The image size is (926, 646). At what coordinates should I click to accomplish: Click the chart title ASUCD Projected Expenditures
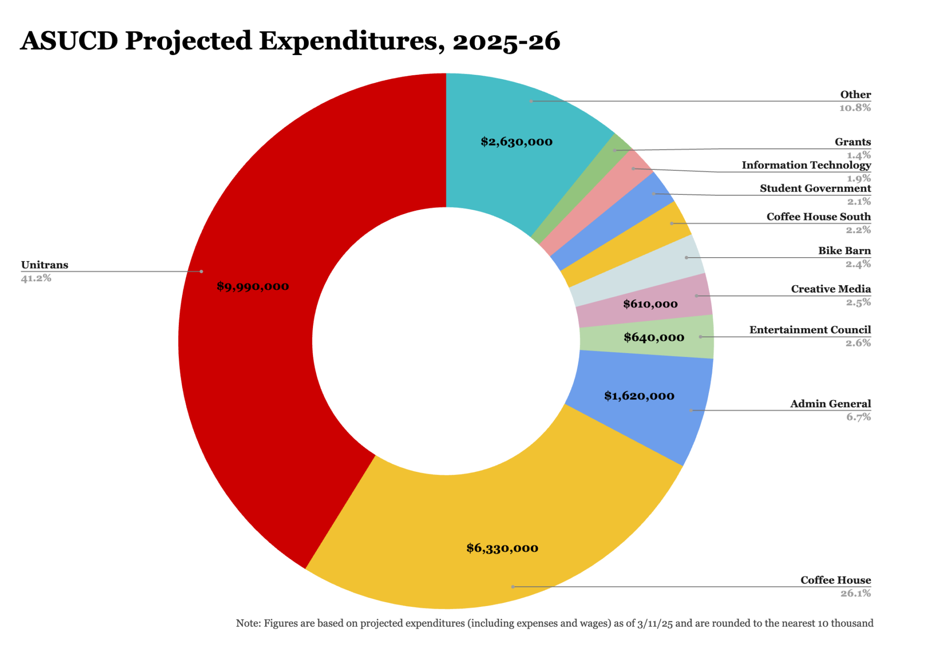tap(289, 41)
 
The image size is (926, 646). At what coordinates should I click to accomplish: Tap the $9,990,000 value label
tap(253, 287)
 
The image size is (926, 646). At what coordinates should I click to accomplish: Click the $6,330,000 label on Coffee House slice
tap(502, 548)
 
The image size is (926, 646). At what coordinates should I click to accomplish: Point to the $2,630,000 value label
tap(517, 142)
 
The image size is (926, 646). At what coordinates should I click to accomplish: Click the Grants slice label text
tap(852, 142)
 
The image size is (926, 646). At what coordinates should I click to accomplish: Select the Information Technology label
tap(806, 165)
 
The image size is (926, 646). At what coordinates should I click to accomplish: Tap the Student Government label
tap(815, 188)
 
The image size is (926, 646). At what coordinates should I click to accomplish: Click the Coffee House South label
tap(818, 217)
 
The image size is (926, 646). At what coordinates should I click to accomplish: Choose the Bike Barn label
tap(844, 250)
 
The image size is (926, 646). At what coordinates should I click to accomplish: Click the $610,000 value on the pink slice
tap(650, 304)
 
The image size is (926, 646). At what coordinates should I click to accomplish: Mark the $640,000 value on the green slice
tap(654, 337)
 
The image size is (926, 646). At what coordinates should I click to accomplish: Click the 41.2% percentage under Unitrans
tap(36, 278)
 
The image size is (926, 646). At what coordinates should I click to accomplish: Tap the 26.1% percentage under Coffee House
tap(856, 593)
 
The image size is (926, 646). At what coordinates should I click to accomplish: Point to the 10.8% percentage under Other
tap(855, 108)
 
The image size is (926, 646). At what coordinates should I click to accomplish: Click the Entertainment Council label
tap(810, 330)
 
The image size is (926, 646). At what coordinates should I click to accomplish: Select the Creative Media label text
tap(831, 289)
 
